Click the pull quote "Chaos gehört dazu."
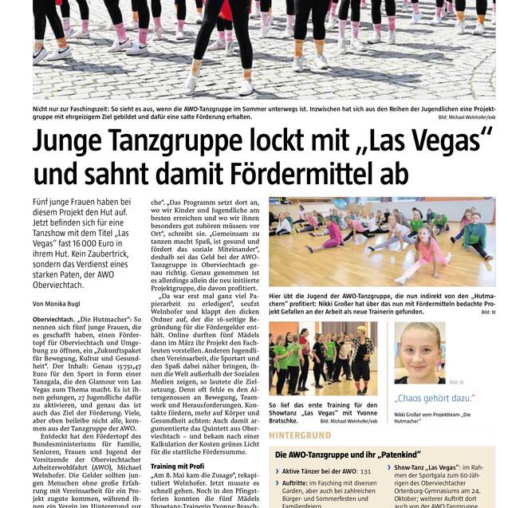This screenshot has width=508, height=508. click(434, 396)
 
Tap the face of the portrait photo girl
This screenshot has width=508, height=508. click(419, 349)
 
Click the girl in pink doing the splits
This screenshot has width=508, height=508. click(421, 257)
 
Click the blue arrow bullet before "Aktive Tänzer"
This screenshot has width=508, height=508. click(277, 472)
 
